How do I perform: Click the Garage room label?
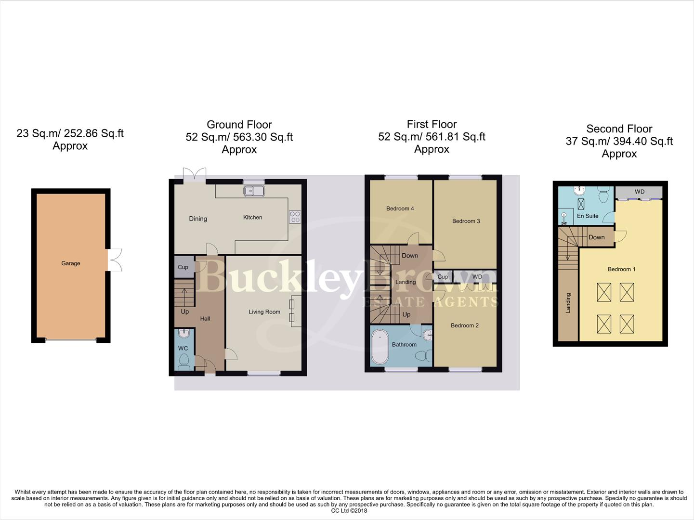point(70,263)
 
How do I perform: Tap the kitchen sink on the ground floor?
point(254,191)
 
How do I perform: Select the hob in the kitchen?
point(295,217)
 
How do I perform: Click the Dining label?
point(198,219)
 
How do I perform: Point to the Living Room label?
point(264,312)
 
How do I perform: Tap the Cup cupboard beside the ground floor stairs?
point(183,267)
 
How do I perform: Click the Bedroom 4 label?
point(400,208)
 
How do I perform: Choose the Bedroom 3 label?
point(466,221)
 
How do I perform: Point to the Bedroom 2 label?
point(464,325)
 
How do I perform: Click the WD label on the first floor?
point(477,276)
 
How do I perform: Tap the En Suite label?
point(588,216)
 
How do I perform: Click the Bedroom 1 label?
point(621,269)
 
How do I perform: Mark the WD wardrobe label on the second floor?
point(639,192)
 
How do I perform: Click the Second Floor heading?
point(619,129)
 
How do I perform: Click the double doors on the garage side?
point(115,260)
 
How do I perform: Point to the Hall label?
point(205,319)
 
